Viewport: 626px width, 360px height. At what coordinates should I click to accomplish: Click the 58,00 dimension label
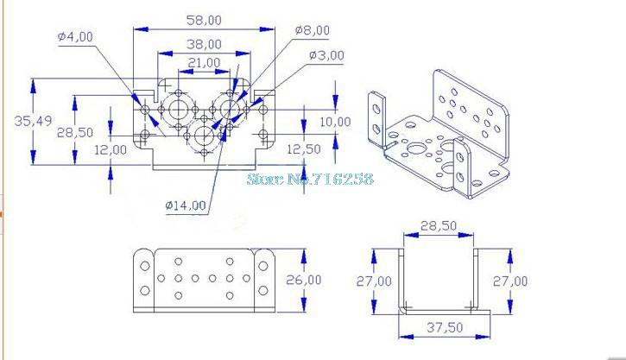coord(203,19)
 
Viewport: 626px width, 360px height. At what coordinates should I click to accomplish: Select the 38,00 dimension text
coord(203,43)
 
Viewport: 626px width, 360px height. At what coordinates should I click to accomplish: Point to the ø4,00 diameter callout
coord(77,36)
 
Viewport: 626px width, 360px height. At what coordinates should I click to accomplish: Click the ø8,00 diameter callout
coord(312,29)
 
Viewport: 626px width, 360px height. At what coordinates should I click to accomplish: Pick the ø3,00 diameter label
coord(326,55)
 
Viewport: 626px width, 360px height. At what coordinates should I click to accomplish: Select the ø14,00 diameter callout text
coord(186,205)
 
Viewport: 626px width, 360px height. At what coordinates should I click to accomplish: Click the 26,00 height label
coord(326,280)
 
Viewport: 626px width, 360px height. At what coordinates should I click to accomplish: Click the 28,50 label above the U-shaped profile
coord(439,225)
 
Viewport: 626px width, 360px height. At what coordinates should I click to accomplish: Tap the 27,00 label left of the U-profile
coord(373,281)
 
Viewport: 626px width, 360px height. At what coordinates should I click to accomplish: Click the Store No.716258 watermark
coord(310,179)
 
